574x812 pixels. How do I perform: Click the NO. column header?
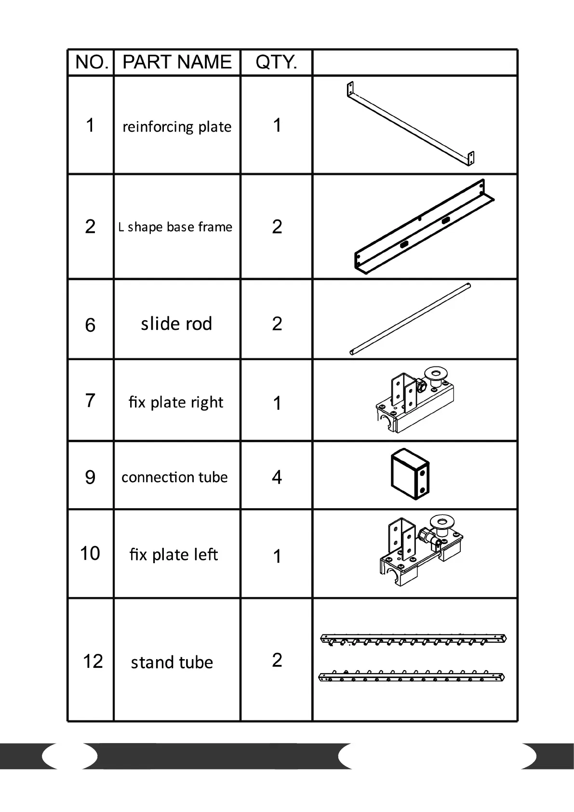tap(92, 62)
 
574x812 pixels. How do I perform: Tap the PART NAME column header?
tap(177, 62)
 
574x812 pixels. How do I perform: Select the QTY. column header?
tap(276, 62)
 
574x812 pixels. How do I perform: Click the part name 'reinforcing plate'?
tap(177, 126)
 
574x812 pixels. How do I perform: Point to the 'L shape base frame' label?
tap(175, 227)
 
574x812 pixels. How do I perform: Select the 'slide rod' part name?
tap(176, 324)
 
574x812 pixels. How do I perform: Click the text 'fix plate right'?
tap(176, 402)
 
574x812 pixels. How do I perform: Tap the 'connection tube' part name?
tap(174, 477)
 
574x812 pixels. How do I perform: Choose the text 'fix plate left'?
tap(174, 555)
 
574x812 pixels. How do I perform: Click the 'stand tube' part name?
tap(172, 663)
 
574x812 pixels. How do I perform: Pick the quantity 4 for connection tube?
tap(277, 477)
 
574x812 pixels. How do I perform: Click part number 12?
tap(93, 661)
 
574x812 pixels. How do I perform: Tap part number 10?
tap(90, 553)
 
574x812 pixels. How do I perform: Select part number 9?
tap(90, 477)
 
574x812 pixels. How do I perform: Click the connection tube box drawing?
tap(410, 474)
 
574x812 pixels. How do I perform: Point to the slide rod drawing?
tap(410, 319)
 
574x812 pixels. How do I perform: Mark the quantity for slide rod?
tap(277, 324)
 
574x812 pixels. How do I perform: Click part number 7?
tap(90, 400)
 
